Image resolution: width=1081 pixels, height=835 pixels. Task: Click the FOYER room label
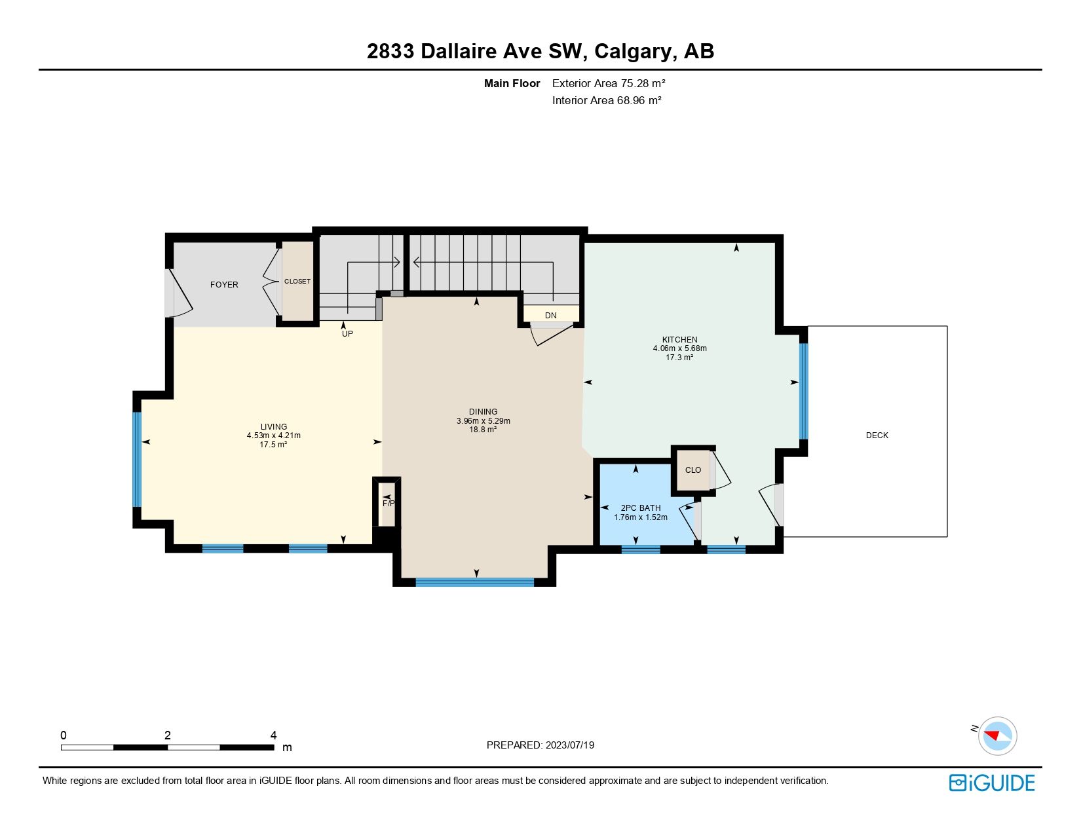(x=224, y=285)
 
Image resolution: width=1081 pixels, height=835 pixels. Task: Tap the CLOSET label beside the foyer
(x=297, y=282)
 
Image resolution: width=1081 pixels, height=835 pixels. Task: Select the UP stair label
(x=347, y=334)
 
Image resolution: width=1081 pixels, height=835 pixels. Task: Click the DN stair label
(x=550, y=316)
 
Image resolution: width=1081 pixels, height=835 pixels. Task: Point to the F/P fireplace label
(x=389, y=504)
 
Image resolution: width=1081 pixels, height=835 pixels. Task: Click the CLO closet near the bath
(x=692, y=470)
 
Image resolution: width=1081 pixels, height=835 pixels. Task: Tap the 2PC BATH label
(x=640, y=508)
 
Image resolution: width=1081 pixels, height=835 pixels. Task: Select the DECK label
(x=877, y=436)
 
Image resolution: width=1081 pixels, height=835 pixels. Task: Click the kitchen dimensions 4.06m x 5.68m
(x=679, y=348)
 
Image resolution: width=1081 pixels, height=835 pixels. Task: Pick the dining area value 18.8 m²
(x=483, y=430)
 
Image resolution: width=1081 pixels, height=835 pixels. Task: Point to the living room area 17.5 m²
(x=273, y=445)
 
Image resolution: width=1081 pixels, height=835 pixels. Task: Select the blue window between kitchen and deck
(x=803, y=391)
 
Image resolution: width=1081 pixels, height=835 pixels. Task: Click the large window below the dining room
(x=475, y=582)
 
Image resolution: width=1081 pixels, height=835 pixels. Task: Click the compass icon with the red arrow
(x=997, y=735)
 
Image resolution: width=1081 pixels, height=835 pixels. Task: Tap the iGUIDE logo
(x=991, y=783)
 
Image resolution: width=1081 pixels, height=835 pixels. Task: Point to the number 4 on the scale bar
(x=273, y=735)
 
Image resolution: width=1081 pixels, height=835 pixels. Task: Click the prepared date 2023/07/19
(x=569, y=745)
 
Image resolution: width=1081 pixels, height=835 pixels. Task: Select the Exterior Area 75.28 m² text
(x=609, y=83)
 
